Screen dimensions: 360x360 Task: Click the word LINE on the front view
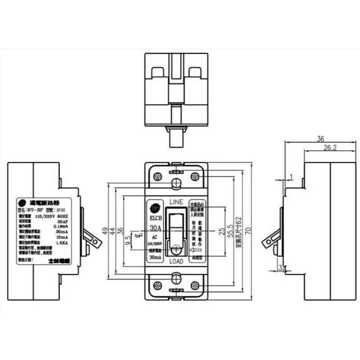[x=176, y=201]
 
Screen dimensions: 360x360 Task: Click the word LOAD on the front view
[x=176, y=261]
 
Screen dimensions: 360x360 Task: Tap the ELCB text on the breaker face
[x=155, y=220]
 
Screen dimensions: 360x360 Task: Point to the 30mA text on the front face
[x=155, y=257]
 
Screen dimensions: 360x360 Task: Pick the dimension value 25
[x=221, y=231]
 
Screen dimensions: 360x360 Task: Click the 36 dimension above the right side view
[x=320, y=139]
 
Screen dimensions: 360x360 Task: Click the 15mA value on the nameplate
[x=62, y=237]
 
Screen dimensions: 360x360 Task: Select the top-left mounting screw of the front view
[x=157, y=176]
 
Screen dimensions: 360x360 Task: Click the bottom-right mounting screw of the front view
[x=195, y=285]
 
